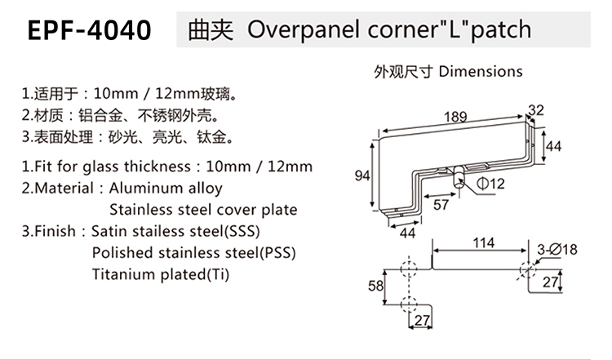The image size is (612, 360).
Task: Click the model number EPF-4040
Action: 90,30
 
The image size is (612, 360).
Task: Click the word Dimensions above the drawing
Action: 481,72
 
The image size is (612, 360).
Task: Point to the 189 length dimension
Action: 455,117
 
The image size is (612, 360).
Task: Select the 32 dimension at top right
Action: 536,110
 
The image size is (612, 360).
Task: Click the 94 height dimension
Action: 361,176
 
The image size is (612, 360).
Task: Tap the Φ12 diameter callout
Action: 490,183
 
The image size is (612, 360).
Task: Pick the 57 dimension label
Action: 441,205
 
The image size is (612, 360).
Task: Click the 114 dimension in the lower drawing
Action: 484,243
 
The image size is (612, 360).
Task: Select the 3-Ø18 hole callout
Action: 557,249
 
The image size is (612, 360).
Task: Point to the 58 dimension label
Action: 375,286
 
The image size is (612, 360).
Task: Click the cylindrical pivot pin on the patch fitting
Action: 459,178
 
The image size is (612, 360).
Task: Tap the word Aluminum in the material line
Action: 145,189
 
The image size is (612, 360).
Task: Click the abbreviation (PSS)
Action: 277,252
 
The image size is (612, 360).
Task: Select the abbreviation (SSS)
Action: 242,231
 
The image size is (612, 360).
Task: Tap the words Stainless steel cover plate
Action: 203,210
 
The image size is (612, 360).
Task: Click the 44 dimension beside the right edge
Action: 553,146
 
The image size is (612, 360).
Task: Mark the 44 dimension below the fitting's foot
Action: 407,233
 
